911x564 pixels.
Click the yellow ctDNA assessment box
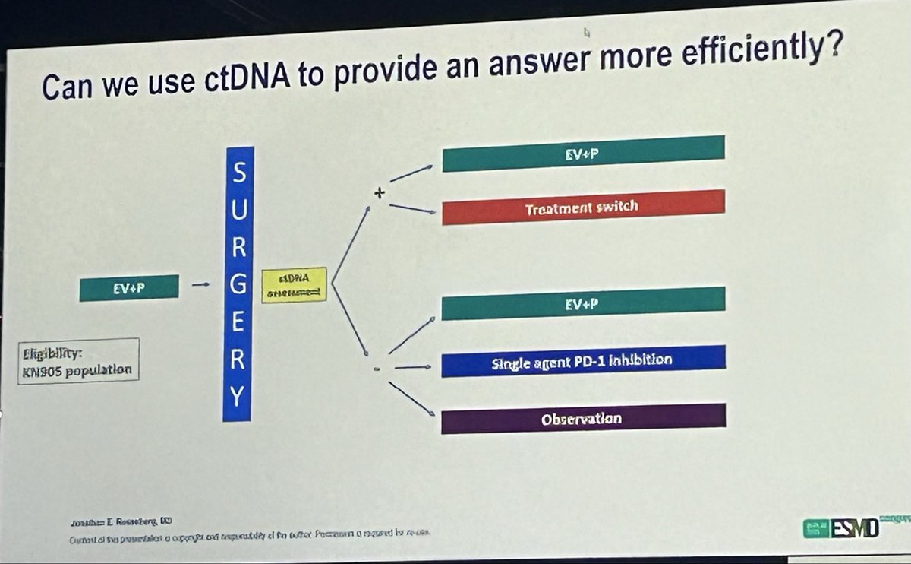tap(293, 285)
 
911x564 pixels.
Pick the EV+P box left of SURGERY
tap(129, 288)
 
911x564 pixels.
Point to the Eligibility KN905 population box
tap(80, 360)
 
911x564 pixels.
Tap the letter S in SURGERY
tap(238, 174)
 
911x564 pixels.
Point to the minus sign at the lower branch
tap(376, 369)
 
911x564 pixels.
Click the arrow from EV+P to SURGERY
tap(200, 286)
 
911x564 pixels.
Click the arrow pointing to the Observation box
tap(411, 398)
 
